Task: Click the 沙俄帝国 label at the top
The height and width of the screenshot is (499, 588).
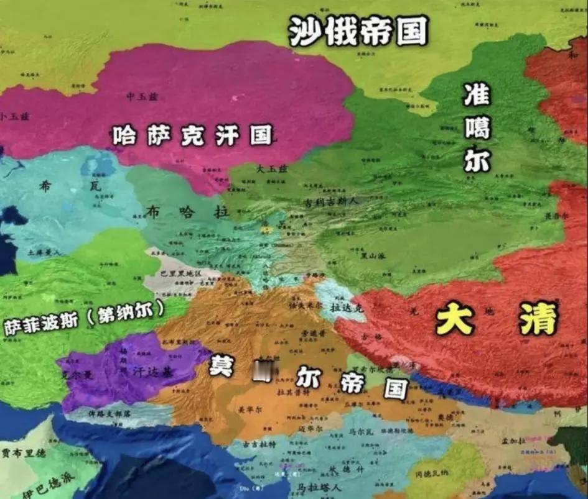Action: click(358, 31)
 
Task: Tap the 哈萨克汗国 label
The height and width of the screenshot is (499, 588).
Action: click(192, 135)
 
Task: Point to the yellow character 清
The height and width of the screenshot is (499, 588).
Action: click(539, 319)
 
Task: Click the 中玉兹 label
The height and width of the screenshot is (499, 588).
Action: click(140, 96)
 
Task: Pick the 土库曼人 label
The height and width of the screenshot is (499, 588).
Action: click(44, 253)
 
